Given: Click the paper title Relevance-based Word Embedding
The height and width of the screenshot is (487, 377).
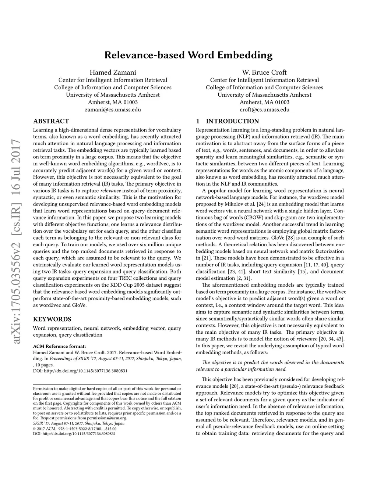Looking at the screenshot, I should click(188, 55).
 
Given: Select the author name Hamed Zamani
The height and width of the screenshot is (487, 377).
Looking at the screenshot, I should click(113, 72).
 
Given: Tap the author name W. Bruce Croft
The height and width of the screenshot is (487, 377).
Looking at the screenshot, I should click(264, 72).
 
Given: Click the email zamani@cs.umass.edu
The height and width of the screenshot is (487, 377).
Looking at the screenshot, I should click(113, 110).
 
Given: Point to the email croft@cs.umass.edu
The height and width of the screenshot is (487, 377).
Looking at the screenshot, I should click(264, 110).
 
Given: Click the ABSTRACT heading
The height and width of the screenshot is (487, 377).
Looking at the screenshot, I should click(51, 121).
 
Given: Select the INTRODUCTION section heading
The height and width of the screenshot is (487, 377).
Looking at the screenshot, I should click(232, 121).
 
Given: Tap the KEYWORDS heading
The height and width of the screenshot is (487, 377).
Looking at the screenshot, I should click(52, 319).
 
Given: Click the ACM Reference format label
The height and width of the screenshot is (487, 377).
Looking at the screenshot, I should click(59, 346).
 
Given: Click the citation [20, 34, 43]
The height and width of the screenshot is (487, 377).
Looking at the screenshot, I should click(329, 339).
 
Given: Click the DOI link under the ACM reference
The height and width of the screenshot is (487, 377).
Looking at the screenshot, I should click(80, 371).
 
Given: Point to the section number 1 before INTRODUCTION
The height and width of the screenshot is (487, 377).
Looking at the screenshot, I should click(198, 121).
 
